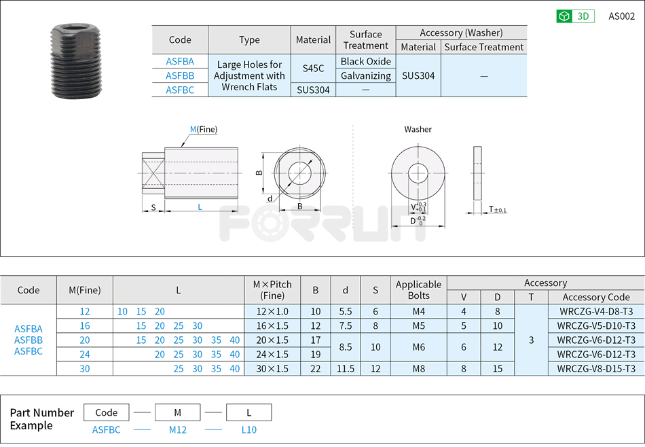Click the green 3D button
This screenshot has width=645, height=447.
[x=575, y=16]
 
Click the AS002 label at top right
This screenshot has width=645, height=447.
[x=621, y=16]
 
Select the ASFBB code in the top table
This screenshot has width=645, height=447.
[x=180, y=75]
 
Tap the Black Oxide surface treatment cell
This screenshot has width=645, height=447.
[x=366, y=61]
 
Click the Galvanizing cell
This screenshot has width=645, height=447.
[x=366, y=75]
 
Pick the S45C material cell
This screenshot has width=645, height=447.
[x=313, y=68]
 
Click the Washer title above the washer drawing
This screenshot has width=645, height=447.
[x=418, y=129]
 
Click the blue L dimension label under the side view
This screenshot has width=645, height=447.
[x=200, y=207]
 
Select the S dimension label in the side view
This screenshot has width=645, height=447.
[x=153, y=207]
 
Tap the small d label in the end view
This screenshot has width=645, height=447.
[x=270, y=198]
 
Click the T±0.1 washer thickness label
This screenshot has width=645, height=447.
[x=498, y=209]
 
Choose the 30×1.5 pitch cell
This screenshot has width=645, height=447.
[x=272, y=368]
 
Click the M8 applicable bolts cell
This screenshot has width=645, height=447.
[x=418, y=368]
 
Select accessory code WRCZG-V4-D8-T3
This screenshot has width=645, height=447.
[x=596, y=311]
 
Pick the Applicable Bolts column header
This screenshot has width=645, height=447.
[x=418, y=290]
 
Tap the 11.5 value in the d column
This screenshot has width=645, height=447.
[x=346, y=368]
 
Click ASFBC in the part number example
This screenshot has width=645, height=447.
[x=107, y=429]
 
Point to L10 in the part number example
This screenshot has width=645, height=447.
[x=248, y=429]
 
